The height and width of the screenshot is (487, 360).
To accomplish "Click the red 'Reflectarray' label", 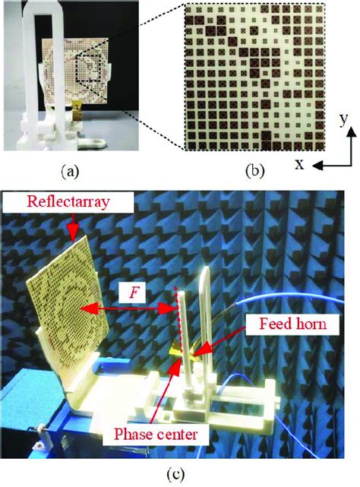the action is point(68,201).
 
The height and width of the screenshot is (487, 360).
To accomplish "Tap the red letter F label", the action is point(133,293).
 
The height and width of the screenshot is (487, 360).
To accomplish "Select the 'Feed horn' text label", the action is point(293,324).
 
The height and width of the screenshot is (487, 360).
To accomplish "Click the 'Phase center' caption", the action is point(156,434).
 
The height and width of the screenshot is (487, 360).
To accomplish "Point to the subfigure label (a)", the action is point(70,171).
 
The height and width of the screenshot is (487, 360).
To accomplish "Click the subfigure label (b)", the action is point(254,171).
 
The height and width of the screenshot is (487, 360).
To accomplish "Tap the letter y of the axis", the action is point(343,119).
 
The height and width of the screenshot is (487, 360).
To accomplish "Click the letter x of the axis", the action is point(299,165).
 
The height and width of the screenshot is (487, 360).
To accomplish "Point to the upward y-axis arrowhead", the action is point(352,131).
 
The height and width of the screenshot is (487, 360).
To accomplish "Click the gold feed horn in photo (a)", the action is point(76,111).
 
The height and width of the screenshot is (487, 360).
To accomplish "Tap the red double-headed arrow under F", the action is point(128,308).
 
